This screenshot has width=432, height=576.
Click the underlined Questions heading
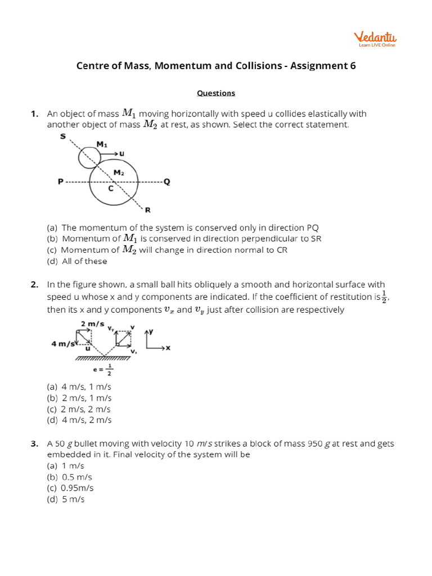click(x=216, y=93)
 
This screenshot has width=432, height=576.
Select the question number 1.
click(x=34, y=114)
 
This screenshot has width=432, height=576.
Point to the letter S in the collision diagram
click(x=63, y=136)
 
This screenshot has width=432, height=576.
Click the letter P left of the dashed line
click(x=60, y=182)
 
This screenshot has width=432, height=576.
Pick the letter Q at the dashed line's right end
click(x=166, y=182)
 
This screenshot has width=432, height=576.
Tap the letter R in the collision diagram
click(x=147, y=210)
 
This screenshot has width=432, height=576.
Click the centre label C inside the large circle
click(x=111, y=189)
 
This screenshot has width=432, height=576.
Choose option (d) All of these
click(x=76, y=261)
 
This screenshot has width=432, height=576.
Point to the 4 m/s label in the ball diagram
click(x=61, y=342)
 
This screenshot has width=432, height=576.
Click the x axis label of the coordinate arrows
click(x=168, y=348)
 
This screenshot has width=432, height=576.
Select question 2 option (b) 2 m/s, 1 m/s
click(x=79, y=398)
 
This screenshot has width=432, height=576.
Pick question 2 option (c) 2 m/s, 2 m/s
click(x=79, y=409)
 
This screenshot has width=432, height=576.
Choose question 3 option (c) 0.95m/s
click(x=70, y=488)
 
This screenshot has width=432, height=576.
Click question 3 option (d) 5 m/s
click(x=65, y=499)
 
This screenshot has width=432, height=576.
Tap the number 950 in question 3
click(x=315, y=444)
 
